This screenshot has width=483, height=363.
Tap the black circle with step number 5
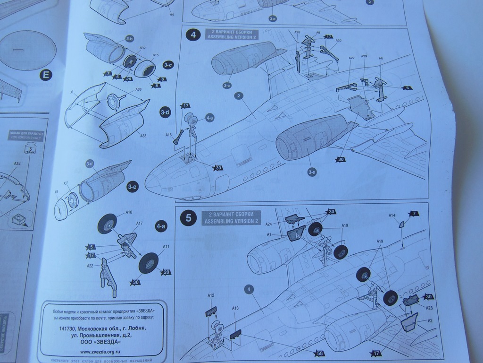tap(189, 218)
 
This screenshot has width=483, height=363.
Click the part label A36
tap(138, 89)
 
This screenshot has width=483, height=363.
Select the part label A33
tap(143, 136)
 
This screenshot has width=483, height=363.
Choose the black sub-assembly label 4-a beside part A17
tap(161, 227)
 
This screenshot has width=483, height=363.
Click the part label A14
tap(391, 216)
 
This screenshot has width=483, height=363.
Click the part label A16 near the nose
tap(168, 135)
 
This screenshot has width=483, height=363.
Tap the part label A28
tap(297, 33)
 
